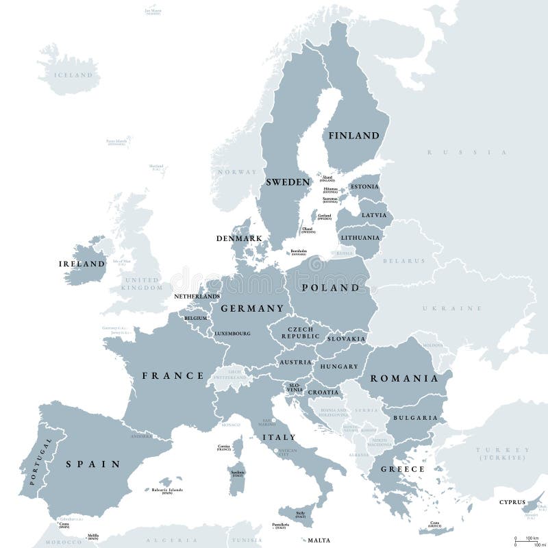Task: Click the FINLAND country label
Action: tap(353, 136)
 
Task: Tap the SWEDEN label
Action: tap(288, 182)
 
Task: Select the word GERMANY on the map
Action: tap(251, 308)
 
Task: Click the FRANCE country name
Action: tap(173, 375)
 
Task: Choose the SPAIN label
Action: tap(93, 464)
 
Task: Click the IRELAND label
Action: tap(82, 263)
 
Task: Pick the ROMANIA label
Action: tap(403, 378)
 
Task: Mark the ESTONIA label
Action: tap(363, 186)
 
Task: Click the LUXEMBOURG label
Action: tap(232, 334)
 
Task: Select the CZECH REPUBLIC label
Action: tap(300, 333)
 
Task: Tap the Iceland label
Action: tap(73, 74)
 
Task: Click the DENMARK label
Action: tap(239, 238)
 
